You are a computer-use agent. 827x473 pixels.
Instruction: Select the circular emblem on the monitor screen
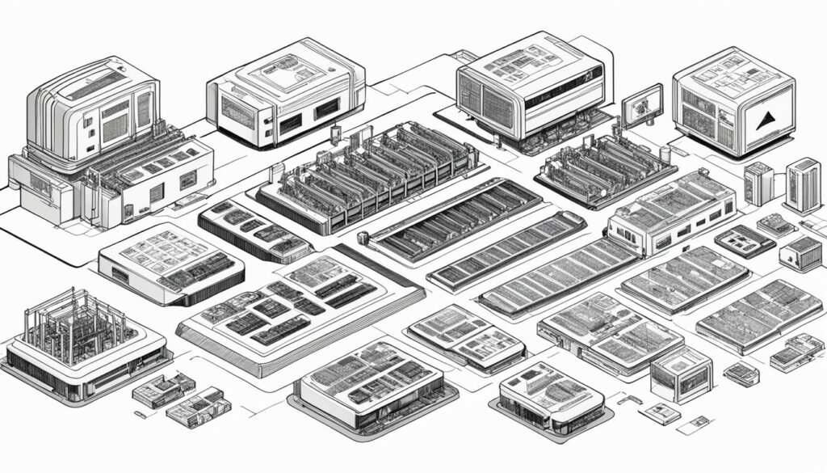pyautogui.click(x=643, y=104)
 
